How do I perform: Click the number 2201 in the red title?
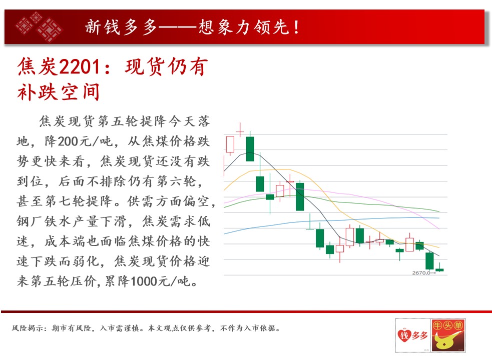(80, 67)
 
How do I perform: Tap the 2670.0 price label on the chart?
(421, 273)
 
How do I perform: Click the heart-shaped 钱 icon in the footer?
(404, 335)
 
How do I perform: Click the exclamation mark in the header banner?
(296, 27)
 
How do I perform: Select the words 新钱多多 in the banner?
(121, 26)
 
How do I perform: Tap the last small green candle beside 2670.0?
(439, 269)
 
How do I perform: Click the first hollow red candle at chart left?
(230, 144)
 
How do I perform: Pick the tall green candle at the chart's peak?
(250, 148)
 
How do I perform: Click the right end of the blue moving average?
(439, 217)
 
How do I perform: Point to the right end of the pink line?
(439, 228)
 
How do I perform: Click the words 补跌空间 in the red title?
(59, 92)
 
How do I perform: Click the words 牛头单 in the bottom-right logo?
(448, 325)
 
